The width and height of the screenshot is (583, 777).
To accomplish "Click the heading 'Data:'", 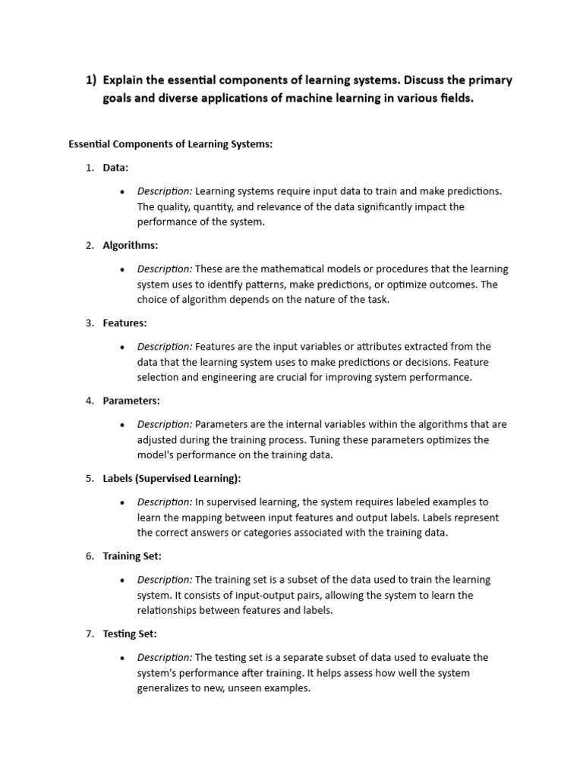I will coord(115,168).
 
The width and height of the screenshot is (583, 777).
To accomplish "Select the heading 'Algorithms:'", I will coord(131,245).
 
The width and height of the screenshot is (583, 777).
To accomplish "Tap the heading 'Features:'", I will coord(125,323).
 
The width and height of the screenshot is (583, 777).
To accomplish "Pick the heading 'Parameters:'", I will coord(131,401).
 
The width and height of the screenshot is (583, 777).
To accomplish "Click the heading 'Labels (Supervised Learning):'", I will coord(172,479).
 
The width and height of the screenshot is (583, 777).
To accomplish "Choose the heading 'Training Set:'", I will coord(132,556).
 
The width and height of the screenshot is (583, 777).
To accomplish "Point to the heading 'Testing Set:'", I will coord(130,634).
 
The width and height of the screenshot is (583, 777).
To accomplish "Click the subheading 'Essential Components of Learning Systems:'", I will coord(170,144).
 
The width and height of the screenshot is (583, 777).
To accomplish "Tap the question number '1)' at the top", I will coord(91,80).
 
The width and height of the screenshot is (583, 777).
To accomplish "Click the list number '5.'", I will coord(90,479).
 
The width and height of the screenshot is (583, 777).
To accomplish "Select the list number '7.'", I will coord(90,634).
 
